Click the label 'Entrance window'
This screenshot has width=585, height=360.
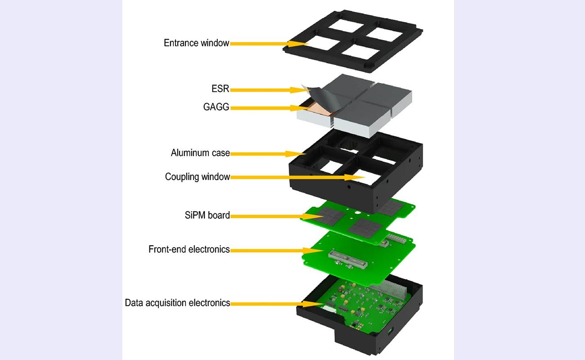[196, 43]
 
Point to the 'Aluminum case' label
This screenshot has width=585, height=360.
[200, 153]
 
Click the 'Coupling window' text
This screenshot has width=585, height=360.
[197, 177]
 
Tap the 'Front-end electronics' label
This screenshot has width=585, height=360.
[189, 249]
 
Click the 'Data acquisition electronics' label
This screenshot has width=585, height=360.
[177, 303]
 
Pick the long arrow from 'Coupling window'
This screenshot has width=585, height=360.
[297, 177]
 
